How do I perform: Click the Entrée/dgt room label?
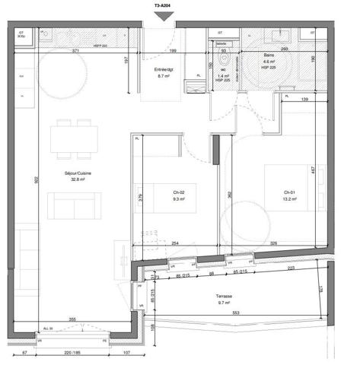[x=165, y=69]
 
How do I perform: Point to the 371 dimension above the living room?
[x=77, y=50]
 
